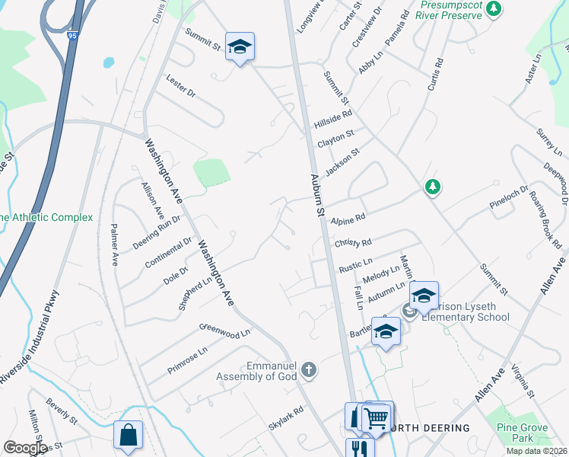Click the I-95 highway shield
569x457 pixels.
click(x=72, y=35)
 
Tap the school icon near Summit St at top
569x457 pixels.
click(x=240, y=47)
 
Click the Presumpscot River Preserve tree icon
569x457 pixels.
click(x=495, y=9)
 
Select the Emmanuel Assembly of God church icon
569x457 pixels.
click(x=308, y=370)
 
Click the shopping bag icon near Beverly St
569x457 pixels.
click(x=129, y=435)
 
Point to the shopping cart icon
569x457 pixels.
click(x=377, y=416)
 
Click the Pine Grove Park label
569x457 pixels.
click(x=510, y=433)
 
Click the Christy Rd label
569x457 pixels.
click(x=352, y=243)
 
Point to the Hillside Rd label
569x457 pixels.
click(x=333, y=119)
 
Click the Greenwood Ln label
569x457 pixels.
click(x=224, y=332)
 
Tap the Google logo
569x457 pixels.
click(x=24, y=448)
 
